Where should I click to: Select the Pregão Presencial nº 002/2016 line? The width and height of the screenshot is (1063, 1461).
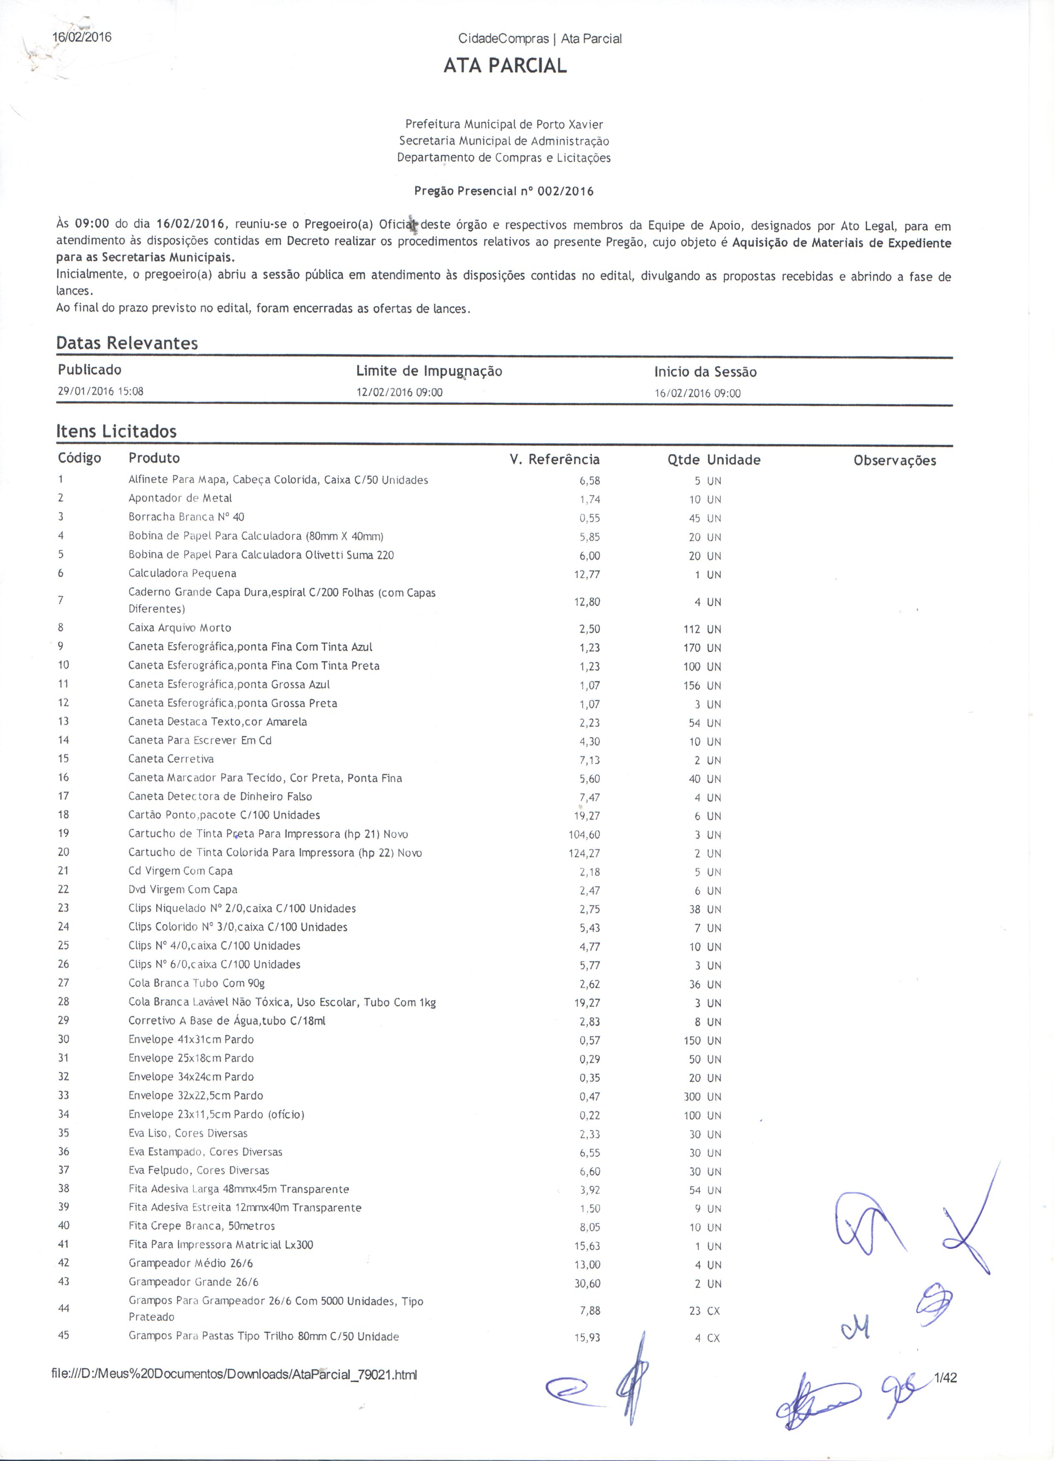click(508, 192)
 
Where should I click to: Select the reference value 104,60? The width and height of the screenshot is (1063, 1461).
click(589, 841)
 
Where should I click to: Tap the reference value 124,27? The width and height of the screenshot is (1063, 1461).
click(589, 859)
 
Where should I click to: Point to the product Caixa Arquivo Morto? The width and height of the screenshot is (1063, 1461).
click(181, 632)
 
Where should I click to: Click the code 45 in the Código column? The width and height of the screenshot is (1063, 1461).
click(64, 1344)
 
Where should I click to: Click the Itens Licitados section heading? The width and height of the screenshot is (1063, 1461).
click(117, 435)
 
